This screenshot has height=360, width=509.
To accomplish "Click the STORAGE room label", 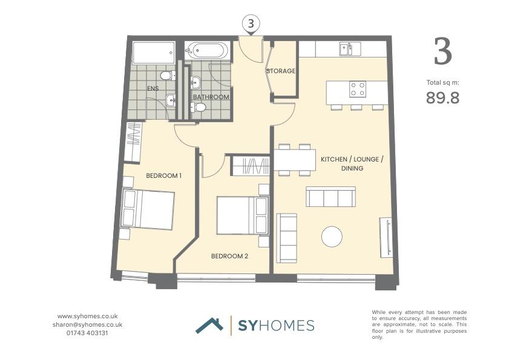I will (281, 71).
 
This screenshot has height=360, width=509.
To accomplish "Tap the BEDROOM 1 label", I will (163, 175).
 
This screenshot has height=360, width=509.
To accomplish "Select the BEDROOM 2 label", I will (229, 256).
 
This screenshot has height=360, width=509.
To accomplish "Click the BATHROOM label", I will (211, 97).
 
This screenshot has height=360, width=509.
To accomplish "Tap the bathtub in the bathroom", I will (207, 51).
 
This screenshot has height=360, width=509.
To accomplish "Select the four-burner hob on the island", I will (357, 89).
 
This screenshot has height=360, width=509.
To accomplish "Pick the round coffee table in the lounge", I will (332, 237).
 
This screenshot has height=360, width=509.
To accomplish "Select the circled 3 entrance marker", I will (251, 24).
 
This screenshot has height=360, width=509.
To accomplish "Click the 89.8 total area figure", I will (442, 97).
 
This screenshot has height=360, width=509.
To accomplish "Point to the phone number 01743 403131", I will (87, 333).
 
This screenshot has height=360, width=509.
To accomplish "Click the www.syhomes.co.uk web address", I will (87, 316).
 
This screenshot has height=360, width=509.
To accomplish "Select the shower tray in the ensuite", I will (154, 53).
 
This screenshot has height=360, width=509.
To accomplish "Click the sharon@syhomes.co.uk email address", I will (87, 324).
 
